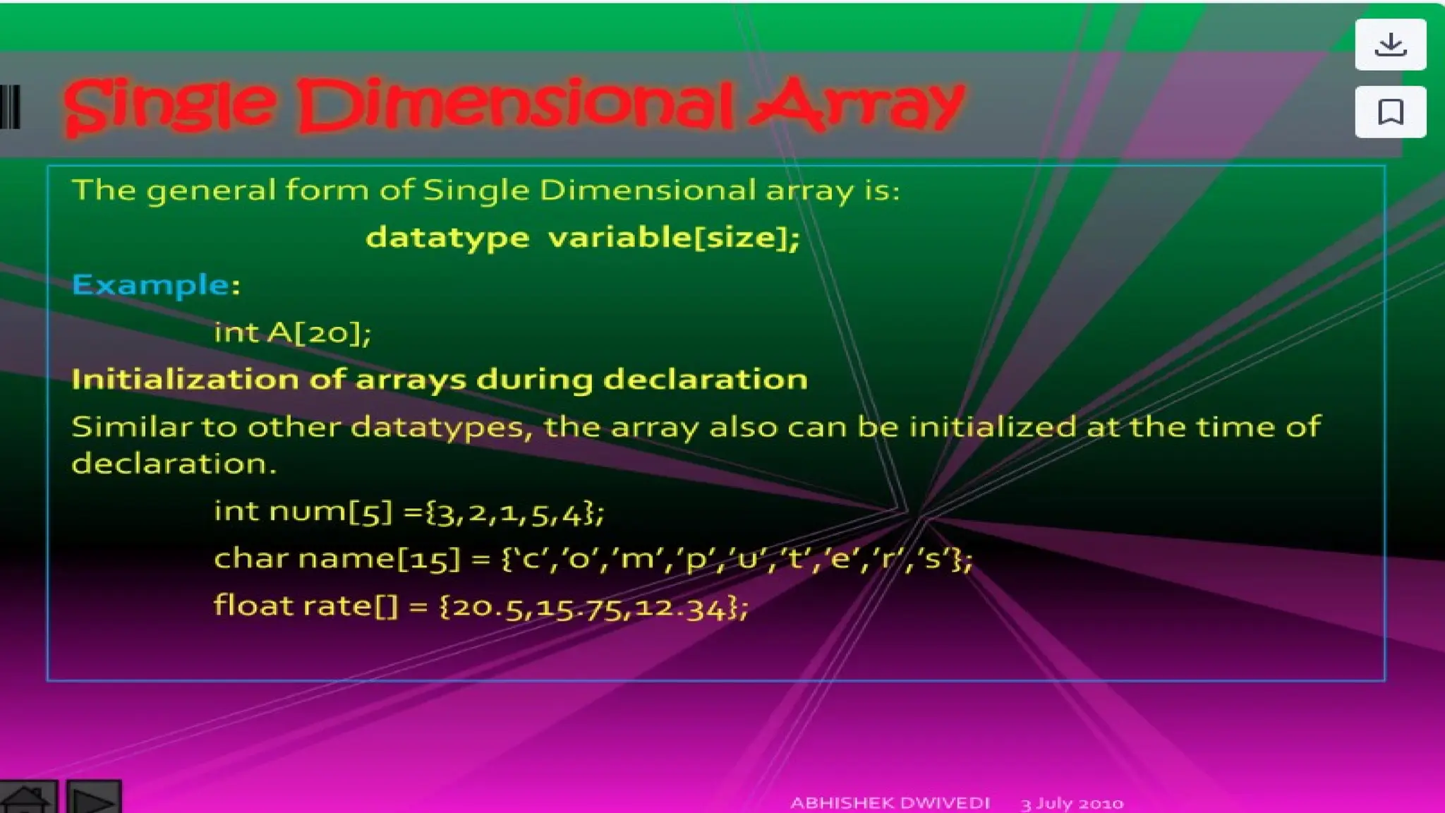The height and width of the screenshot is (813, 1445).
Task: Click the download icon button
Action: point(1390,44)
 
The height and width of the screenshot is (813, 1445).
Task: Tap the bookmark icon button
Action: point(1390,112)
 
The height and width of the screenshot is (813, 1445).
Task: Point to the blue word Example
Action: point(150,285)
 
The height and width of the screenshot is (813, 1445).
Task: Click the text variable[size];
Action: point(674,237)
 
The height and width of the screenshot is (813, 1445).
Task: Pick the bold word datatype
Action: point(447,238)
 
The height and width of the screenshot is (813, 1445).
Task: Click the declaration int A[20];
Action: point(292,332)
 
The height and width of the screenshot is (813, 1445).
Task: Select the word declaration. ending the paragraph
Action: point(174,464)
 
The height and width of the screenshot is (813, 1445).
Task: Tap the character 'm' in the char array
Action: point(637,559)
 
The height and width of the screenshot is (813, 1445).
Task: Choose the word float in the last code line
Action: point(253,606)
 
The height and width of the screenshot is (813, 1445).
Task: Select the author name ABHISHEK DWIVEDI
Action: point(890,803)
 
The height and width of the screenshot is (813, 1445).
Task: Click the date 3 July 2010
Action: point(1072,803)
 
